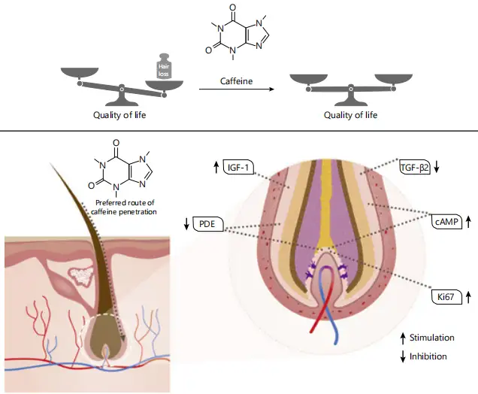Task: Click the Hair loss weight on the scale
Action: click(x=165, y=68)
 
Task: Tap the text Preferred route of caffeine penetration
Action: click(x=126, y=207)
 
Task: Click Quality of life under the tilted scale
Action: click(x=120, y=115)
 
